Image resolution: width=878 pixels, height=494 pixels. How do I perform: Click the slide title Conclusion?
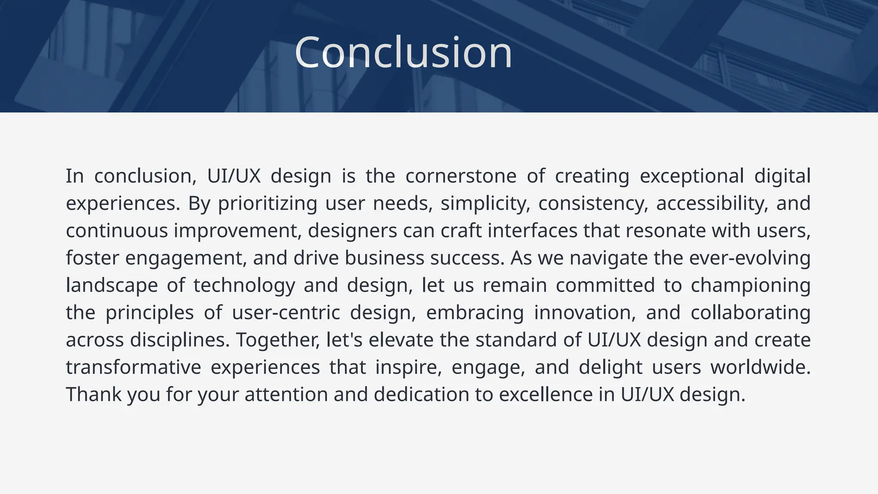click(403, 53)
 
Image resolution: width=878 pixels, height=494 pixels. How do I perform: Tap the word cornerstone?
click(461, 176)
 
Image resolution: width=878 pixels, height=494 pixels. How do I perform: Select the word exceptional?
click(692, 176)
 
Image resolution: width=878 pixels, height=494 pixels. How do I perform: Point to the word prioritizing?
click(268, 203)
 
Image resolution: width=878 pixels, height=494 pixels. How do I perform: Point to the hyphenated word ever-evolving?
click(750, 258)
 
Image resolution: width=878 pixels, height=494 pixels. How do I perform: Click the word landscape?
click(112, 286)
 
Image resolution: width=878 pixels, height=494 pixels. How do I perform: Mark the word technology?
click(244, 286)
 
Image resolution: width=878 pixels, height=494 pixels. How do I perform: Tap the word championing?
click(750, 286)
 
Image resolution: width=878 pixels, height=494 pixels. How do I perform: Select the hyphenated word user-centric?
click(286, 313)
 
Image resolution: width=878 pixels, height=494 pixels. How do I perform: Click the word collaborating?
click(750, 313)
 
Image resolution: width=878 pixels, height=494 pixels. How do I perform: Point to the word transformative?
click(133, 367)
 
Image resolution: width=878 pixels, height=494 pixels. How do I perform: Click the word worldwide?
click(760, 367)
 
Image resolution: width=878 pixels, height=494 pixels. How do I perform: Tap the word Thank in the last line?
click(94, 395)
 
